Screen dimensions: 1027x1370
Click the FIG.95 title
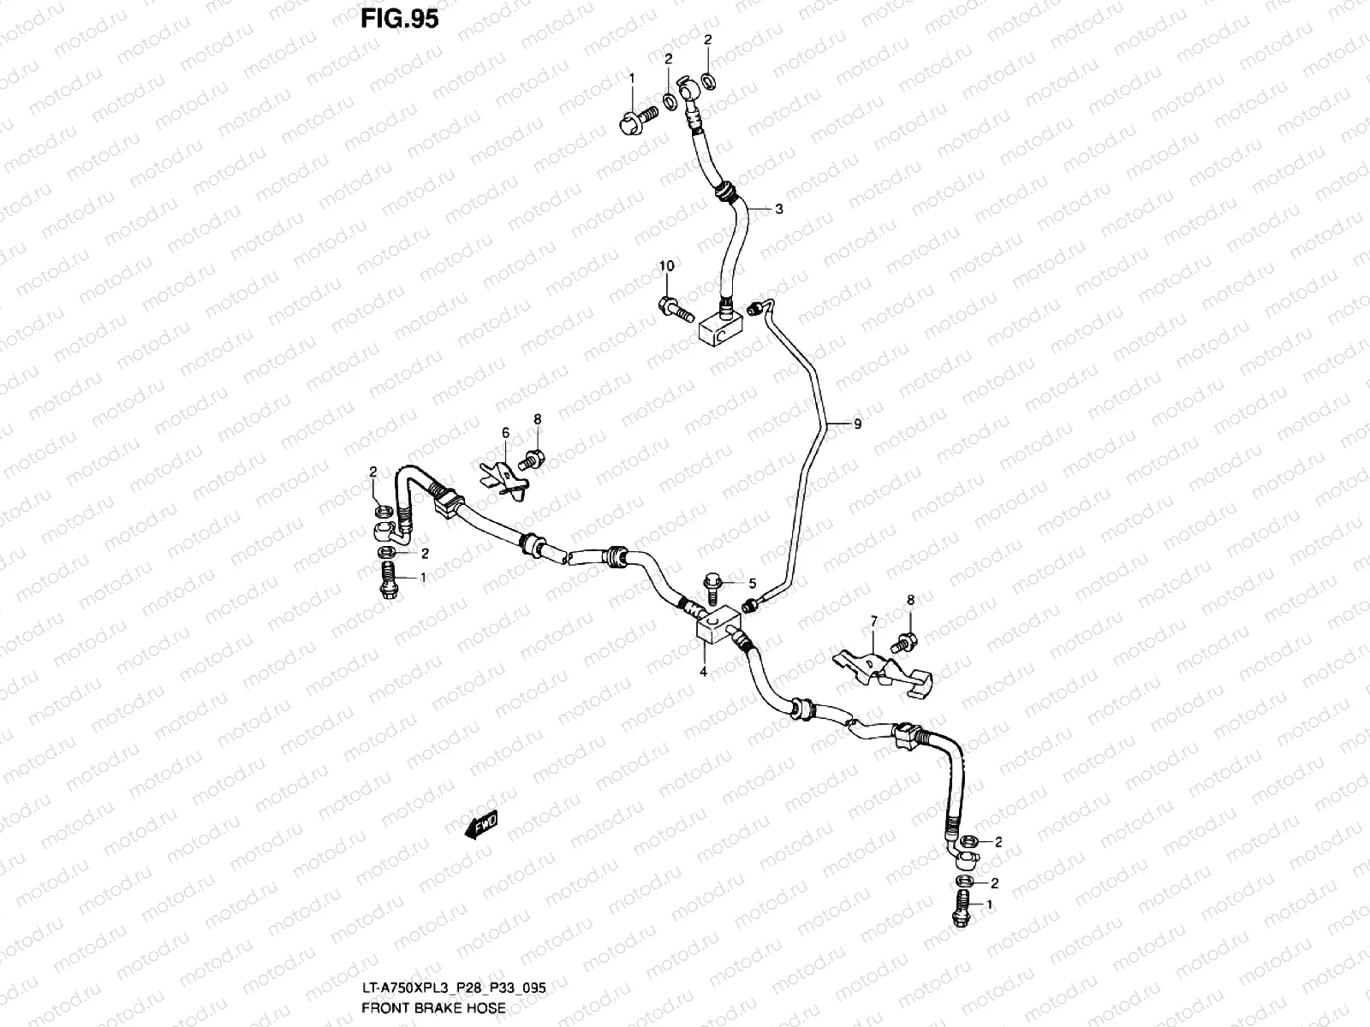(399, 19)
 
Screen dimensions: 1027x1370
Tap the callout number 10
(666, 267)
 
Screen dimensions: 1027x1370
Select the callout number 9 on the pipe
(857, 424)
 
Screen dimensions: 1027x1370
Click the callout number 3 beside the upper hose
(778, 209)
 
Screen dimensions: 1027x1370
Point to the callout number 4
(703, 673)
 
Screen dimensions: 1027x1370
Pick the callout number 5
(753, 584)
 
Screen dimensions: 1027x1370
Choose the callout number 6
(505, 433)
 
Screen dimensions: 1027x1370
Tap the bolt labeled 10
(675, 309)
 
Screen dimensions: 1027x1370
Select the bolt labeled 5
(711, 589)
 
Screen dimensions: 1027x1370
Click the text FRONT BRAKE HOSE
(432, 1008)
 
